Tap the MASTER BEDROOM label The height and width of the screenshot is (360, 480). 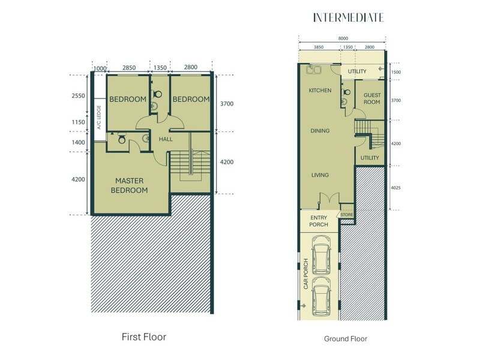tap(132, 185)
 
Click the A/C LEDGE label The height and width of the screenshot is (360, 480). tap(97, 117)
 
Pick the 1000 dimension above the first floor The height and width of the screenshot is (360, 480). tap(100, 68)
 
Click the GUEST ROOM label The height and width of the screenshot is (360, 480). tap(372, 98)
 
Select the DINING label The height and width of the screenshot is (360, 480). tap(320, 130)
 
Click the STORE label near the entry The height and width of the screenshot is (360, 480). tap(346, 214)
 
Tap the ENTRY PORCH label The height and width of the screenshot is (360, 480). tap(320, 221)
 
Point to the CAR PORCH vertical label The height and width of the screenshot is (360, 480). tap(305, 274)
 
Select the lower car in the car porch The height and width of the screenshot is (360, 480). tap(322, 298)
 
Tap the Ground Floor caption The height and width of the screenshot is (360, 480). tap(345, 338)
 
